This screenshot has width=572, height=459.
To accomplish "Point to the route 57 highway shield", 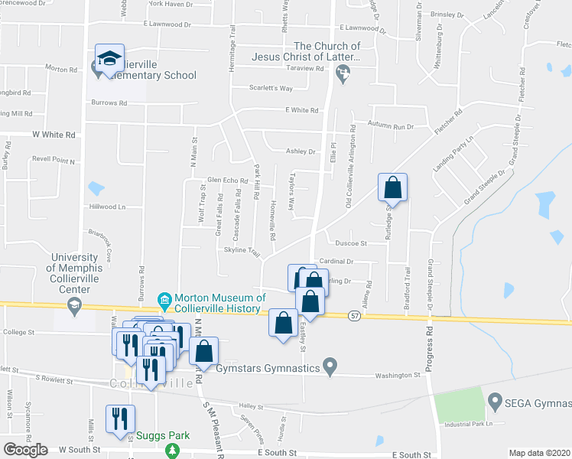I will click(x=353, y=314).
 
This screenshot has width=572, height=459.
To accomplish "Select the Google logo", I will click(x=25, y=449).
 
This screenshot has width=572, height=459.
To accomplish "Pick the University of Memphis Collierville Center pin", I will click(x=74, y=307).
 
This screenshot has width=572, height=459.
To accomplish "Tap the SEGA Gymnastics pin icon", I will click(x=494, y=399).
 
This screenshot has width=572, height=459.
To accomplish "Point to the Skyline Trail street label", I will click(x=242, y=251).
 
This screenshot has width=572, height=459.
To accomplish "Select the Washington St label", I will click(x=397, y=376).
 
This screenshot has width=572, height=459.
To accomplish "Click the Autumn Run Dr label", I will click(x=390, y=125).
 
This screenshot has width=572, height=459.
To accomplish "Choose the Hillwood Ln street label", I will click(x=107, y=207).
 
